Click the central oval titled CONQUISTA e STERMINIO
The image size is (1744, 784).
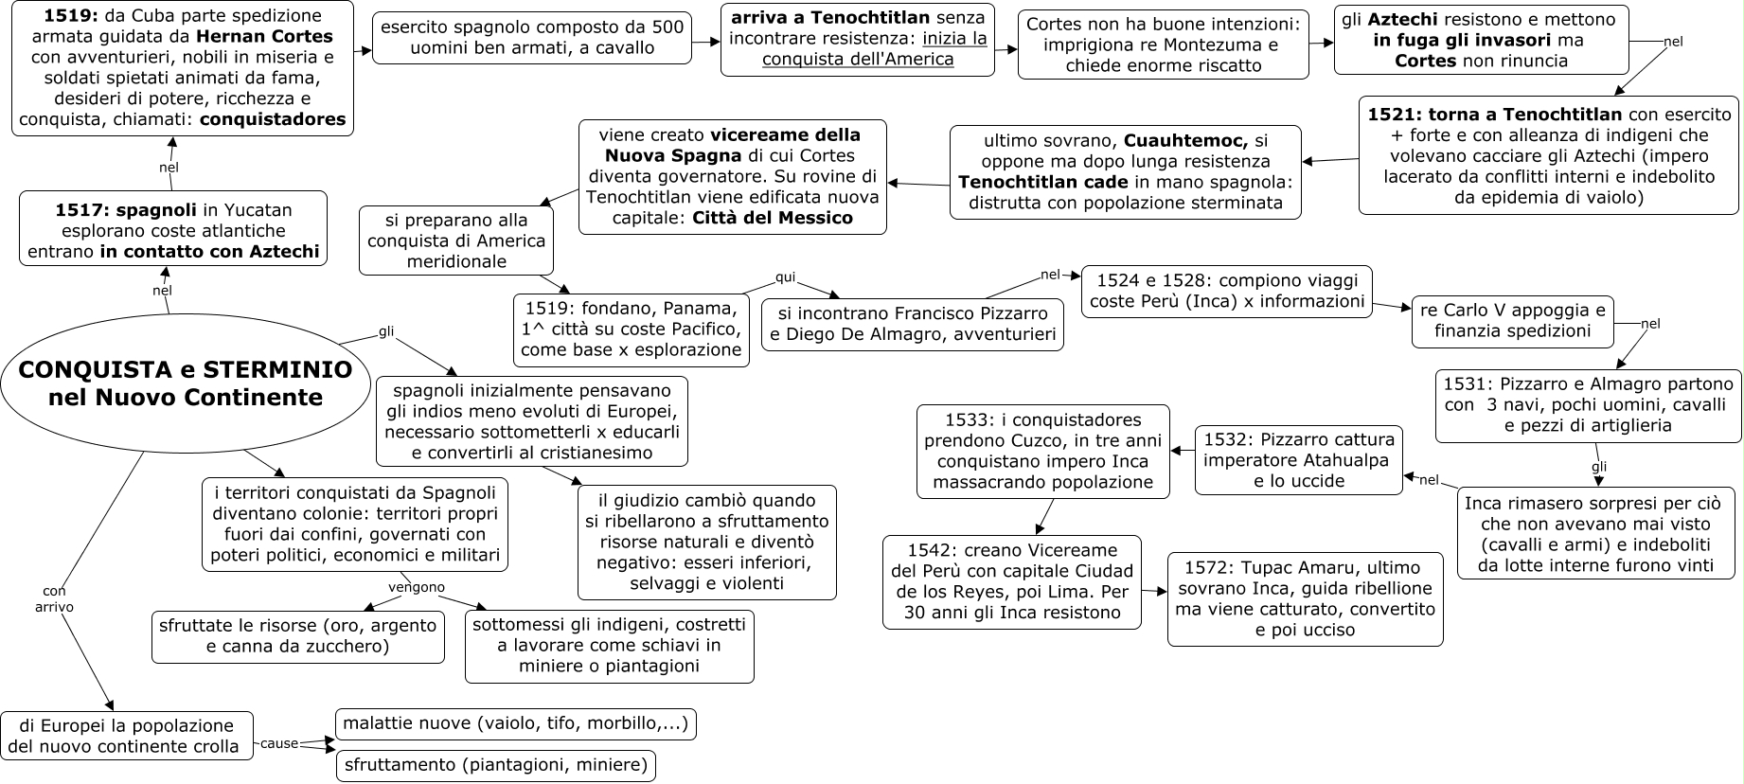(186, 383)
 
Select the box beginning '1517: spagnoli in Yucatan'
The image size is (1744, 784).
(173, 230)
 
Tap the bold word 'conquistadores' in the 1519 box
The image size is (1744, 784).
(273, 120)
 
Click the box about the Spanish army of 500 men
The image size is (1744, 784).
(532, 38)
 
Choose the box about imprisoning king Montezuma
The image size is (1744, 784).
(1163, 45)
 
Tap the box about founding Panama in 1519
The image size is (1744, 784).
(632, 330)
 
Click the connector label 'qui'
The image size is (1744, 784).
(786, 277)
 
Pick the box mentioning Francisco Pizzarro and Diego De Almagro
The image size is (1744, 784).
(913, 324)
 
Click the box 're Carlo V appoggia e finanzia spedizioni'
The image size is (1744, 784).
(1512, 321)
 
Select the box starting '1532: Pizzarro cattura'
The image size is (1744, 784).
(1298, 460)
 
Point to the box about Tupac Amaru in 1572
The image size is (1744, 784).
(1305, 598)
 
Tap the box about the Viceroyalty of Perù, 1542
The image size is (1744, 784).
(1011, 581)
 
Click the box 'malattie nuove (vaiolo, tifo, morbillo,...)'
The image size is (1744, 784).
(516, 723)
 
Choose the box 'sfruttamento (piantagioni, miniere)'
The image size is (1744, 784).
(495, 765)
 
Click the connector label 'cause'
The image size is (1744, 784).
(279, 743)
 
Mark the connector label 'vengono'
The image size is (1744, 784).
(417, 587)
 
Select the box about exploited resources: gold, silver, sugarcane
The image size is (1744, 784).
(297, 636)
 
